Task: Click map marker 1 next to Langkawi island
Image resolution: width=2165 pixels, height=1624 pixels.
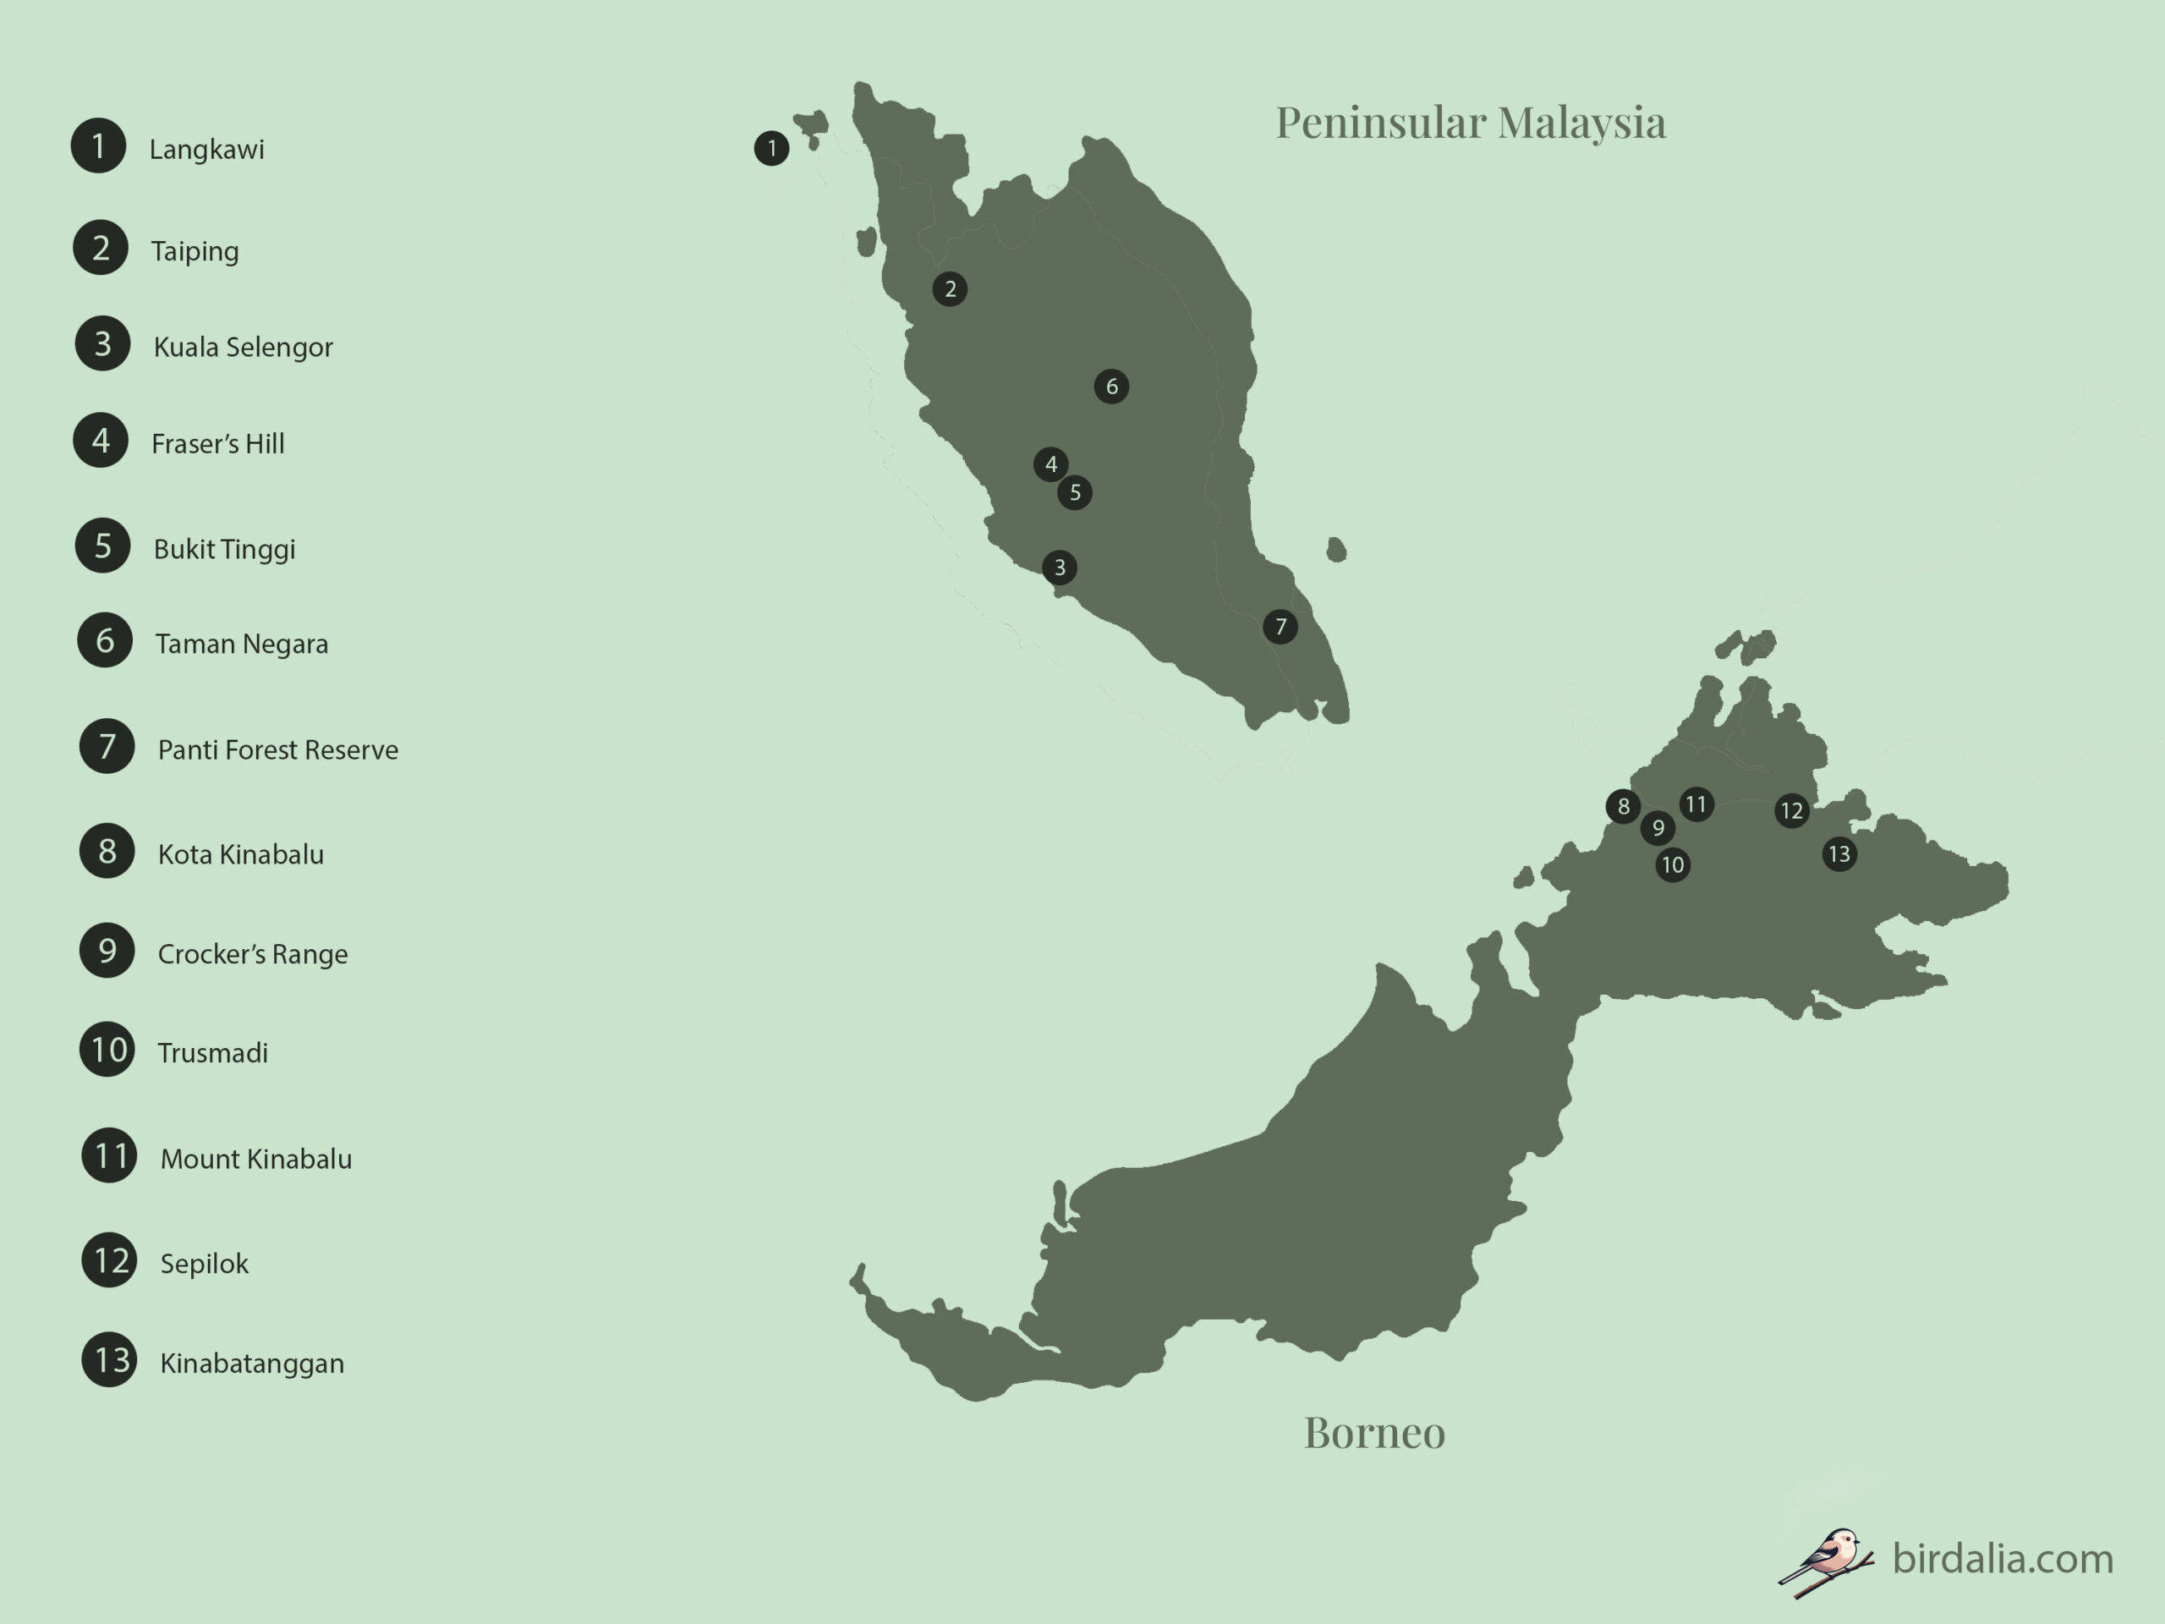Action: pyautogui.click(x=771, y=149)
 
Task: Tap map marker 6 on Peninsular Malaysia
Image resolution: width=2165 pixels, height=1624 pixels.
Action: pyautogui.click(x=1111, y=387)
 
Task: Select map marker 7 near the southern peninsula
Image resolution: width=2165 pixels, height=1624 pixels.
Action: pyautogui.click(x=1280, y=627)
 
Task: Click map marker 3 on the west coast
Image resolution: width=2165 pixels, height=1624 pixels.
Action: pyautogui.click(x=1059, y=568)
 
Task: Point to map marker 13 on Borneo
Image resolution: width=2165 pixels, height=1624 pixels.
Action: pyautogui.click(x=1839, y=854)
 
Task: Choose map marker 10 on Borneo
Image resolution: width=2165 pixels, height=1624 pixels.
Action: pyautogui.click(x=1673, y=865)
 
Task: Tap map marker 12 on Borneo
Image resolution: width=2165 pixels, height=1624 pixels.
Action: pyautogui.click(x=1792, y=810)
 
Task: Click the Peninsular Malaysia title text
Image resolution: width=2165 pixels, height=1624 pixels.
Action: pyautogui.click(x=1470, y=123)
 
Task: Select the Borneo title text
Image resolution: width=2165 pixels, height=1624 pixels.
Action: pyautogui.click(x=1374, y=1433)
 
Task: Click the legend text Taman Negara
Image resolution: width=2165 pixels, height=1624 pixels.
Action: pyautogui.click(x=242, y=645)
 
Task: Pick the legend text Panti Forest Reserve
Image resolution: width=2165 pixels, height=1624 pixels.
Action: pyautogui.click(x=278, y=750)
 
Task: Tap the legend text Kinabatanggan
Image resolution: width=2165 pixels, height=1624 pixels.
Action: pyautogui.click(x=251, y=1363)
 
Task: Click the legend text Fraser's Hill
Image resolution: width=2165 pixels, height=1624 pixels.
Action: pyautogui.click(x=217, y=444)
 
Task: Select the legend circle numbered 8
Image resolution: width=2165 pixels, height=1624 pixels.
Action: pyautogui.click(x=107, y=851)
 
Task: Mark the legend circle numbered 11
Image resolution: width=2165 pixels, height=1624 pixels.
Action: pyautogui.click(x=108, y=1156)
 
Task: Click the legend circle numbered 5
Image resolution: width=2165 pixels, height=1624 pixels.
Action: pyautogui.click(x=103, y=546)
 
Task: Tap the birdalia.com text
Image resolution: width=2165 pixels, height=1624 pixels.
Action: pyautogui.click(x=2003, y=1558)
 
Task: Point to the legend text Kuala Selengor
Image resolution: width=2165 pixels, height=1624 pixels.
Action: pyautogui.click(x=243, y=348)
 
